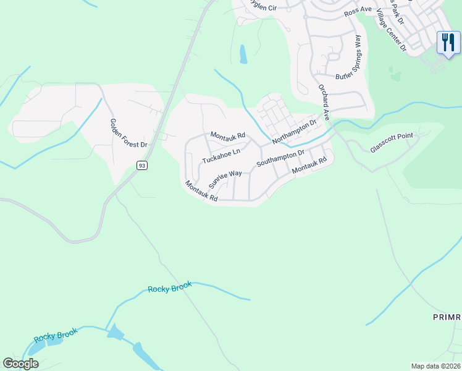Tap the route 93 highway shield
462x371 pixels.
142,165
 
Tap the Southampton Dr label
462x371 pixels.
280,158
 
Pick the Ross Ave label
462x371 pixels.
358,11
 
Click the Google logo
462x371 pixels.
21,364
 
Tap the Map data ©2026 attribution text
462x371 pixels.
435,366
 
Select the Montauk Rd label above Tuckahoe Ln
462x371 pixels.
228,135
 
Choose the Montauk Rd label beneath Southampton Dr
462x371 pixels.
309,165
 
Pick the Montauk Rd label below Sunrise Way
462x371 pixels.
202,191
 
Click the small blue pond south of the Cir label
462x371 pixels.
243,54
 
